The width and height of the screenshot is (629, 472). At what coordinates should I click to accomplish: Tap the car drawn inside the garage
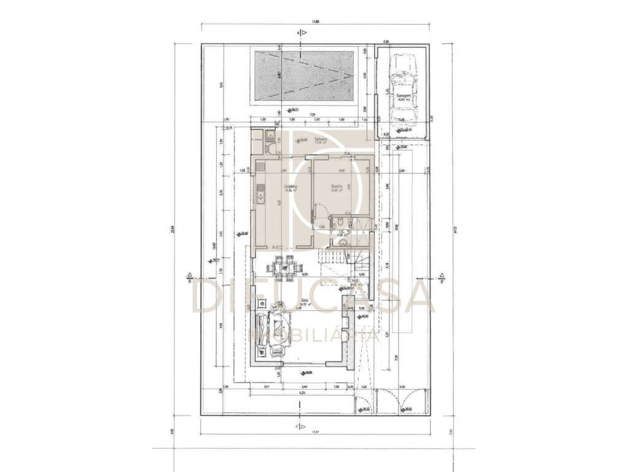(403, 87)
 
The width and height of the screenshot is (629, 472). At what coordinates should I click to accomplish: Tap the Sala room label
(305, 301)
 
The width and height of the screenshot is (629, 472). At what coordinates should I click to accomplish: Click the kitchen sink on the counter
(261, 197)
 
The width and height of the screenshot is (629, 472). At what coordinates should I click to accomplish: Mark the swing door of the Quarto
(314, 211)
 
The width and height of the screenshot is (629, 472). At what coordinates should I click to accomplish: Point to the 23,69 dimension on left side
(173, 230)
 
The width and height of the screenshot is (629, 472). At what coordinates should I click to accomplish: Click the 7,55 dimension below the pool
(312, 115)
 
